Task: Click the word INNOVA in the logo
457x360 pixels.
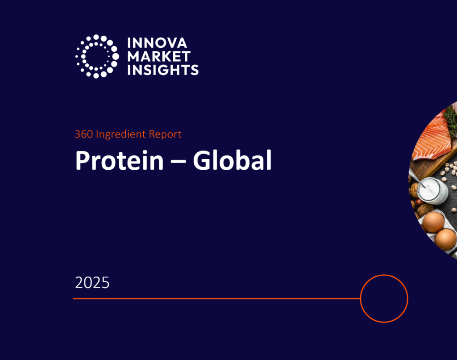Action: click(157, 44)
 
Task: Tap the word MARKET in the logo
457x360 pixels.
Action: click(159, 57)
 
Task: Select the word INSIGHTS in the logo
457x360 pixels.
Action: click(163, 70)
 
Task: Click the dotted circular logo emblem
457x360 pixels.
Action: click(97, 57)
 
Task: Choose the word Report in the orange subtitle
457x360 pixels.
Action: click(166, 134)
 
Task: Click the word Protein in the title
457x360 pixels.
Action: click(120, 161)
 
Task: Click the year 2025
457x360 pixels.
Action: click(92, 283)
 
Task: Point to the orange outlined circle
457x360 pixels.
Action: click(384, 298)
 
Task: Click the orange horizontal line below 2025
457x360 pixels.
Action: click(214, 298)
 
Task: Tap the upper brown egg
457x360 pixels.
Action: click(433, 222)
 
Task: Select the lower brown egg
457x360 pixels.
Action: click(445, 239)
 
